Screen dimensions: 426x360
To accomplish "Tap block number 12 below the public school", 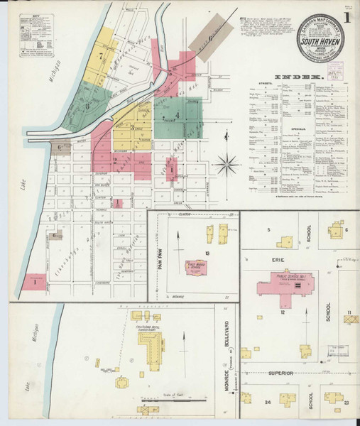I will pyautogui.click(x=283, y=312).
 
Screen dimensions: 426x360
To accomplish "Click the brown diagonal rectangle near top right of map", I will pyautogui.click(x=213, y=35).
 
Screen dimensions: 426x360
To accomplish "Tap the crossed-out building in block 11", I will pyautogui.click(x=351, y=319).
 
